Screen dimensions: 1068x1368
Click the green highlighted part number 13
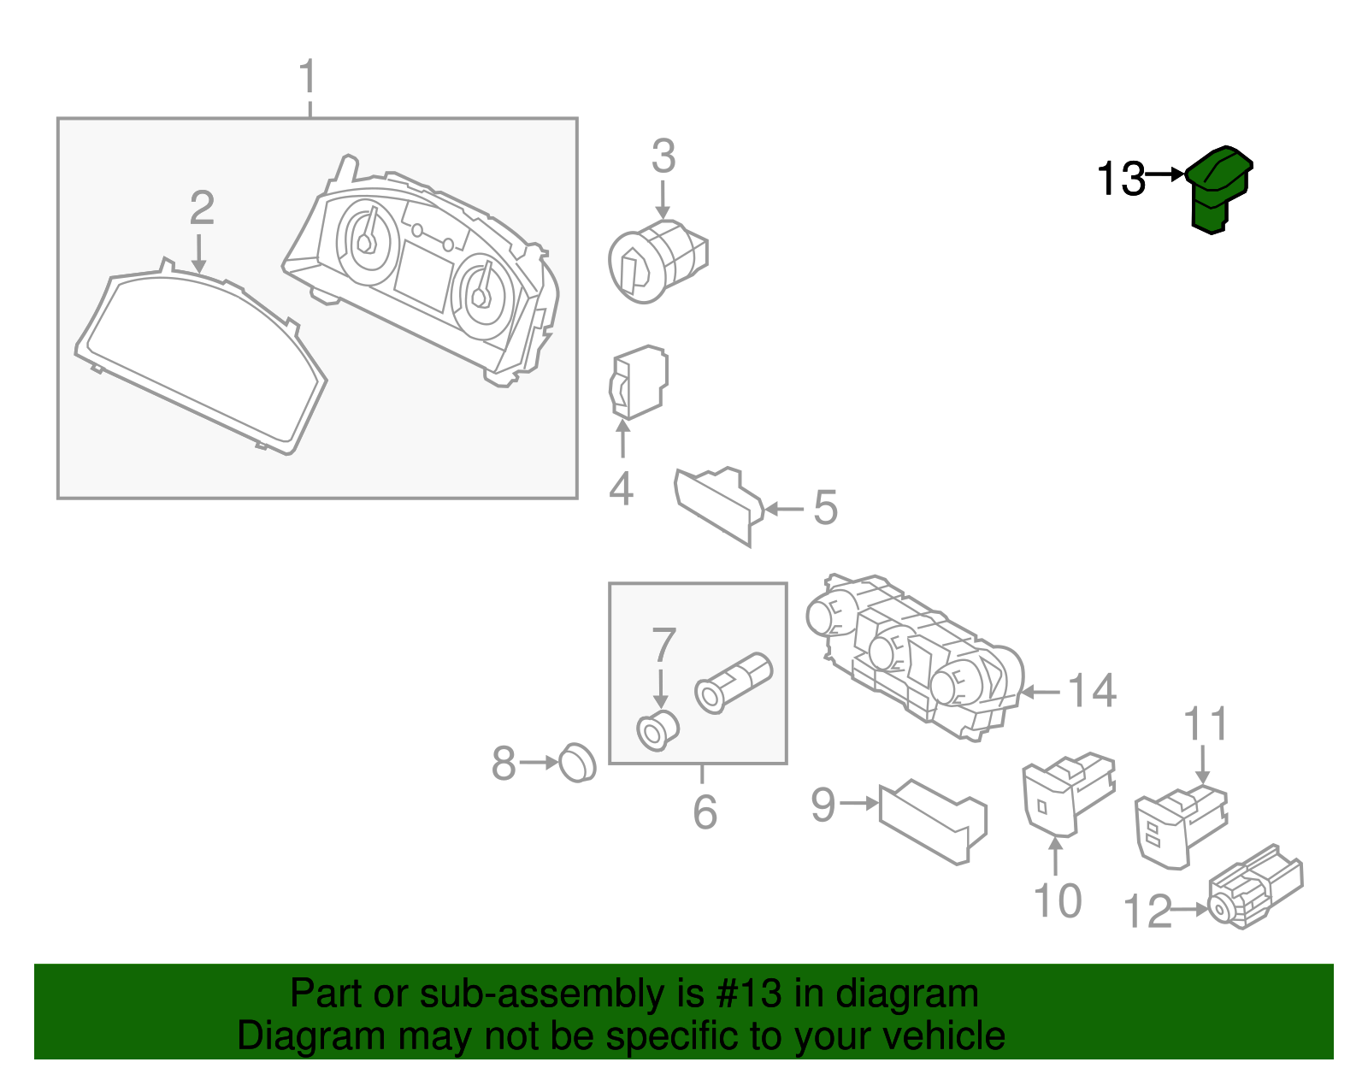pos(1219,190)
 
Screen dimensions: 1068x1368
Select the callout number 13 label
pos(1121,180)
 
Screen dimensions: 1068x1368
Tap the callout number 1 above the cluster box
pos(308,78)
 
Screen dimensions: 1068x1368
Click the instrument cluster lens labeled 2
pos(201,359)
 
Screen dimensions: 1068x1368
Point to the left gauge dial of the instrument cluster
pos(368,244)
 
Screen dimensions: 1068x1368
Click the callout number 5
pos(824,508)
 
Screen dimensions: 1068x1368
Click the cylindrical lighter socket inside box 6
pos(734,682)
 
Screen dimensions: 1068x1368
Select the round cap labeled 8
pos(577,763)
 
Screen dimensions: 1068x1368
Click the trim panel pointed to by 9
pos(932,821)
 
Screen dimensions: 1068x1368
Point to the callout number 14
pos(1092,691)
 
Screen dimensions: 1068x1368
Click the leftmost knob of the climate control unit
pos(826,617)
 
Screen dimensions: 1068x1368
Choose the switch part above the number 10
pos(1067,791)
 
